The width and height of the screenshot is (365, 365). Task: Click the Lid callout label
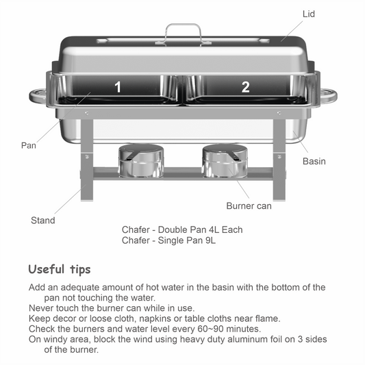pos(309,14)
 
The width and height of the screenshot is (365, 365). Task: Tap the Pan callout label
pos(29,145)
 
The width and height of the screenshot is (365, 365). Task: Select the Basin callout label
pos(314,162)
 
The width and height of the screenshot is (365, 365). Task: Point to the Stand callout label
pos(43,221)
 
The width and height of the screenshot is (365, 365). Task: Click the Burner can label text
pos(249,205)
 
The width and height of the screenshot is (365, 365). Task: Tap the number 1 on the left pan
pos(118,87)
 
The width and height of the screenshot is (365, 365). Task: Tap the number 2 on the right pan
pos(246,87)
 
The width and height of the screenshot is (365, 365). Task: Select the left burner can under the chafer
pos(141,161)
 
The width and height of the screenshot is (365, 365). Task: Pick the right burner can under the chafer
pos(225,161)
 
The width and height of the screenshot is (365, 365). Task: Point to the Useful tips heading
pos(60,269)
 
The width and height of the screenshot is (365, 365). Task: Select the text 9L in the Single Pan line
pos(211,240)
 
